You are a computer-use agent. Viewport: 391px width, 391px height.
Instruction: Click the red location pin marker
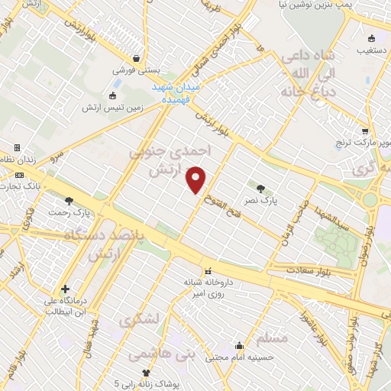tap(197, 179)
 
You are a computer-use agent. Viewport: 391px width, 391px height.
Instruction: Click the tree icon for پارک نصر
tap(261, 188)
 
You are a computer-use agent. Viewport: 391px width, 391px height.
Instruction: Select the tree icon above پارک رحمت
tap(69, 201)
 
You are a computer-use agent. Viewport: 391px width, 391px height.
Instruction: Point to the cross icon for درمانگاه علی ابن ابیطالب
tap(66, 289)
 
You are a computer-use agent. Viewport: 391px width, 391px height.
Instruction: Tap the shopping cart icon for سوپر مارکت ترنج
tap(364, 131)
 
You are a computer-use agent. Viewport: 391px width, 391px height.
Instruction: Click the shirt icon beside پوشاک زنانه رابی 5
tap(146, 373)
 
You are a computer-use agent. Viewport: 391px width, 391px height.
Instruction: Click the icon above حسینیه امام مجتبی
tap(240, 344)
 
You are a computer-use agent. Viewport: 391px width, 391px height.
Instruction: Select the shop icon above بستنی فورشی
tap(136, 57)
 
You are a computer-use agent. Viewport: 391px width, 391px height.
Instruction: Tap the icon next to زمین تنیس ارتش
tap(113, 96)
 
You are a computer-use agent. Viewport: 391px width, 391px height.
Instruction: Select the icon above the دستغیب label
tap(372, 38)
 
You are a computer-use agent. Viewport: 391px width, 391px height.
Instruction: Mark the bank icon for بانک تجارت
tap(19, 175)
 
